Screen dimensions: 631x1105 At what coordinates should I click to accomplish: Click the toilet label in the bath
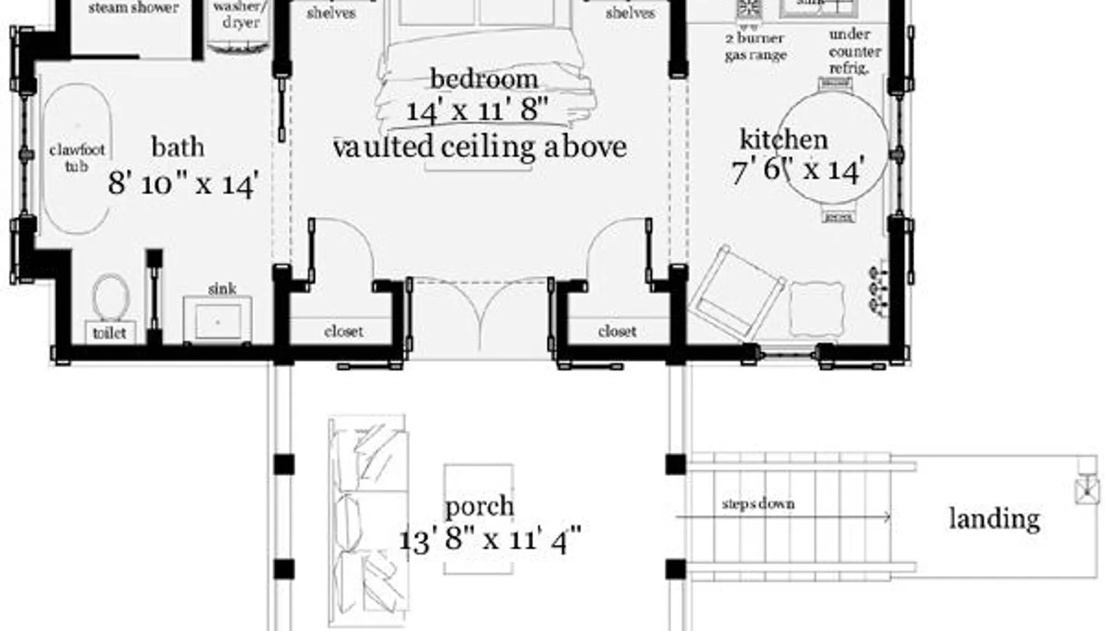coord(109,333)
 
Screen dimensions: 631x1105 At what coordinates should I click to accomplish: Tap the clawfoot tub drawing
coord(76,159)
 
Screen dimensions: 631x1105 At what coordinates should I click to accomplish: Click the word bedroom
coord(483,79)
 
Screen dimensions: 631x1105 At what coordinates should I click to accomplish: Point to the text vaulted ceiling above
coord(479,146)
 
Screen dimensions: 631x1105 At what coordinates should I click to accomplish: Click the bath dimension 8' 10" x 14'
coord(183,184)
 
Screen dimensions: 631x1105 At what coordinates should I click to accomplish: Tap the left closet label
coord(343,331)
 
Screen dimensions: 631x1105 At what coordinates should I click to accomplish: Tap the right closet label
coord(617,331)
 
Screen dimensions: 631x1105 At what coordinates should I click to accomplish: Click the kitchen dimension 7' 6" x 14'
coord(798,170)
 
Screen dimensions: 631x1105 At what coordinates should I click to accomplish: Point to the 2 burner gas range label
coord(755,46)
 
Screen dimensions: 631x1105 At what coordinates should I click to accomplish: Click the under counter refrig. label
coord(854,51)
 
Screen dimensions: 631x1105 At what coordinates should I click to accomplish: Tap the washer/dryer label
coord(237,14)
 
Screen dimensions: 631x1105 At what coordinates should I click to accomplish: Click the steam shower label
coord(133,8)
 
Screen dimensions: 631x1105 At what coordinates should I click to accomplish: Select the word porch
coord(479,506)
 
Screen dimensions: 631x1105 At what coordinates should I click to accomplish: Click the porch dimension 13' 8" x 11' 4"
coord(490,538)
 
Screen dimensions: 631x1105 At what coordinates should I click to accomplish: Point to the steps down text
coord(758,503)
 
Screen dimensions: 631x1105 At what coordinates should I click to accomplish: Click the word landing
coord(994,518)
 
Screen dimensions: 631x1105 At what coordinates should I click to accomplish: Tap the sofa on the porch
coord(367,514)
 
